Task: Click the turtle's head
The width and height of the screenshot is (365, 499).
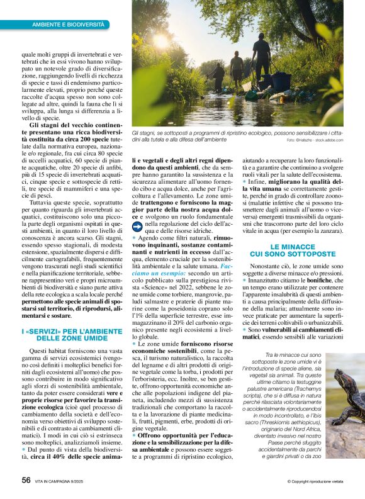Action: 338,377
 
